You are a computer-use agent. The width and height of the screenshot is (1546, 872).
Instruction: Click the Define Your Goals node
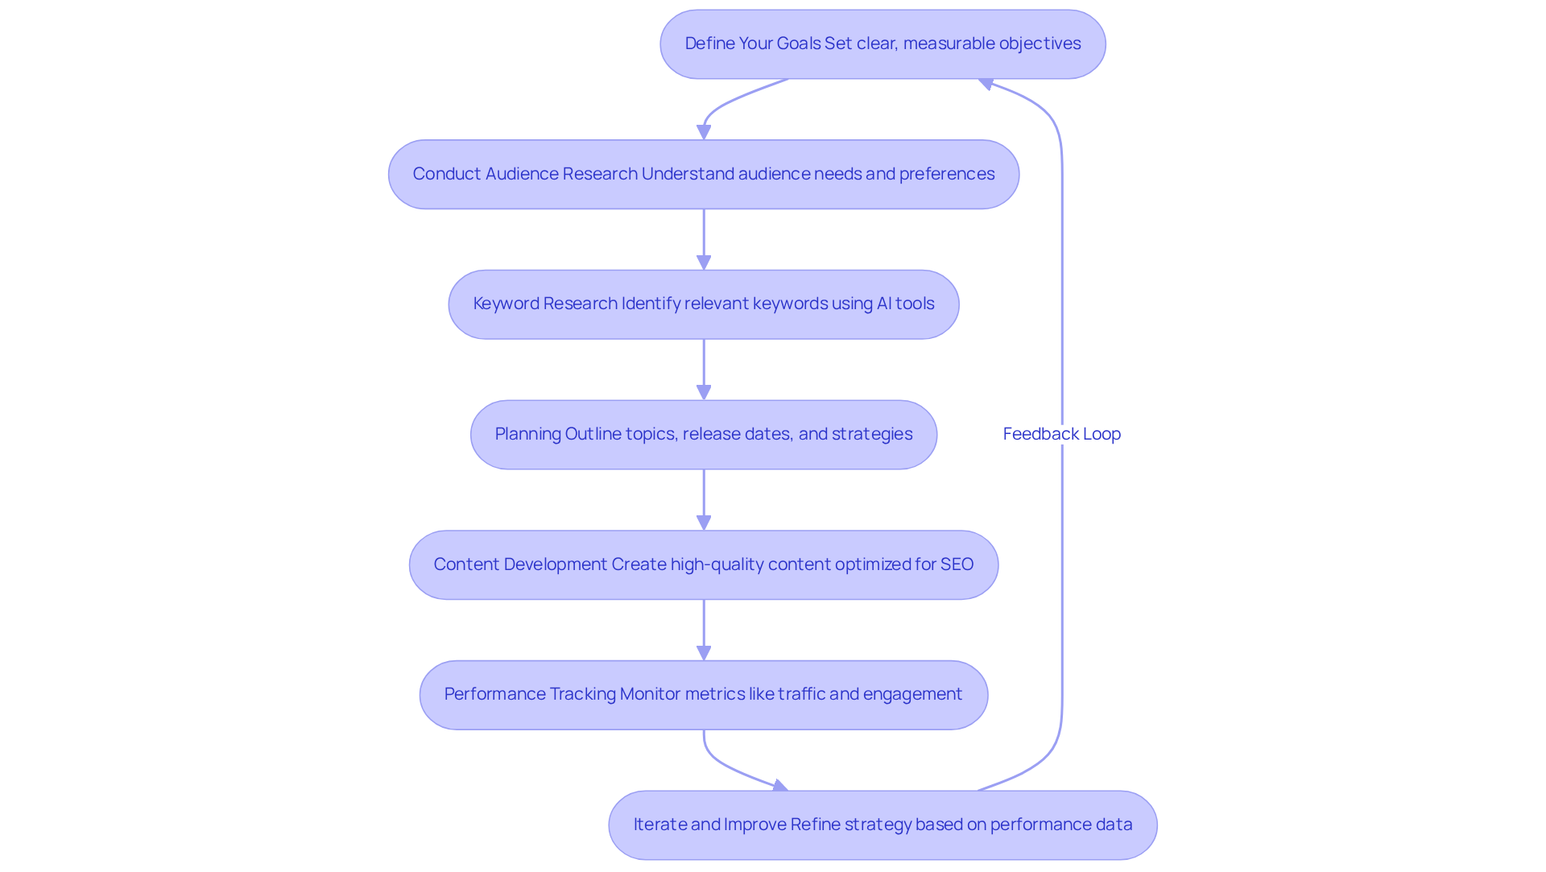(x=883, y=44)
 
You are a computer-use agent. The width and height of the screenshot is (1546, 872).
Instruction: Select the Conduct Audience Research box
(x=703, y=175)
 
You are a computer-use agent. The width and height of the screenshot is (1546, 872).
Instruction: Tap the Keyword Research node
(x=703, y=304)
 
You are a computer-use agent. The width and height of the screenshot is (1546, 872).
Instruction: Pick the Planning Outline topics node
(x=703, y=435)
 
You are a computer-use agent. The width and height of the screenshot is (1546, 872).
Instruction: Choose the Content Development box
(x=703, y=564)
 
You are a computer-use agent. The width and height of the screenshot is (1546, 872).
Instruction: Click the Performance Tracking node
(x=703, y=695)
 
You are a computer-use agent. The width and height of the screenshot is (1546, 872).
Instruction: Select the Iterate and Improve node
(x=883, y=824)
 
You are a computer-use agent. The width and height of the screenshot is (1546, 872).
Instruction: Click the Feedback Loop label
(x=1061, y=434)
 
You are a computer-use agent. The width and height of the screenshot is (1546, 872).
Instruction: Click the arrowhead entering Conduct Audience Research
(x=704, y=132)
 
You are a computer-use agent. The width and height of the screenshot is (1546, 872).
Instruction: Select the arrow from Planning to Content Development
(x=704, y=499)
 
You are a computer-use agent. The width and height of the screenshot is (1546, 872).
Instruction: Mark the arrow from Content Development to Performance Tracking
(x=704, y=630)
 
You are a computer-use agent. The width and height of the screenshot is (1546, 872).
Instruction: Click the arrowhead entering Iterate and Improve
(x=779, y=786)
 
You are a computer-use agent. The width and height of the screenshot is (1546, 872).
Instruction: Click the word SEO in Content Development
(x=957, y=564)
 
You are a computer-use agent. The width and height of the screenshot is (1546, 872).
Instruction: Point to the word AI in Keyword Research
(x=883, y=304)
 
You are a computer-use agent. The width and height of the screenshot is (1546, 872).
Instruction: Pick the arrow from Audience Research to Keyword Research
(x=704, y=239)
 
